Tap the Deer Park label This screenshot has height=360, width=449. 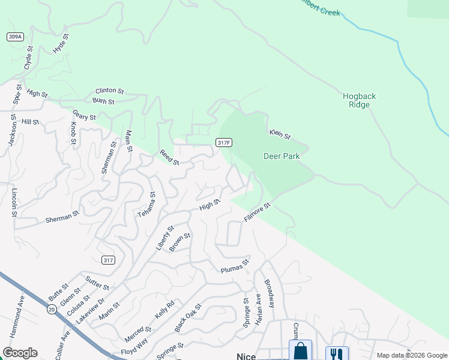[282, 156]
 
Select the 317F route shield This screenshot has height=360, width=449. [224, 142]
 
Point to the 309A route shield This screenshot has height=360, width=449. [15, 37]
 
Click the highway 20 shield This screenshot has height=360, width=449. [52, 308]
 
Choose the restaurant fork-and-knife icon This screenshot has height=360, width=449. [337, 353]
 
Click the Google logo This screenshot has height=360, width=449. [20, 353]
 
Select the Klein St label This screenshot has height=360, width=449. [280, 134]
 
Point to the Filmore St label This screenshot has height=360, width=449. [258, 212]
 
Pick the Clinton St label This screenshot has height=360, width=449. [109, 92]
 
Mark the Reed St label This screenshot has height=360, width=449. [169, 158]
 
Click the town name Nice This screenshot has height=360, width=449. [246, 356]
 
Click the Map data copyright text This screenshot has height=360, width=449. [411, 355]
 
